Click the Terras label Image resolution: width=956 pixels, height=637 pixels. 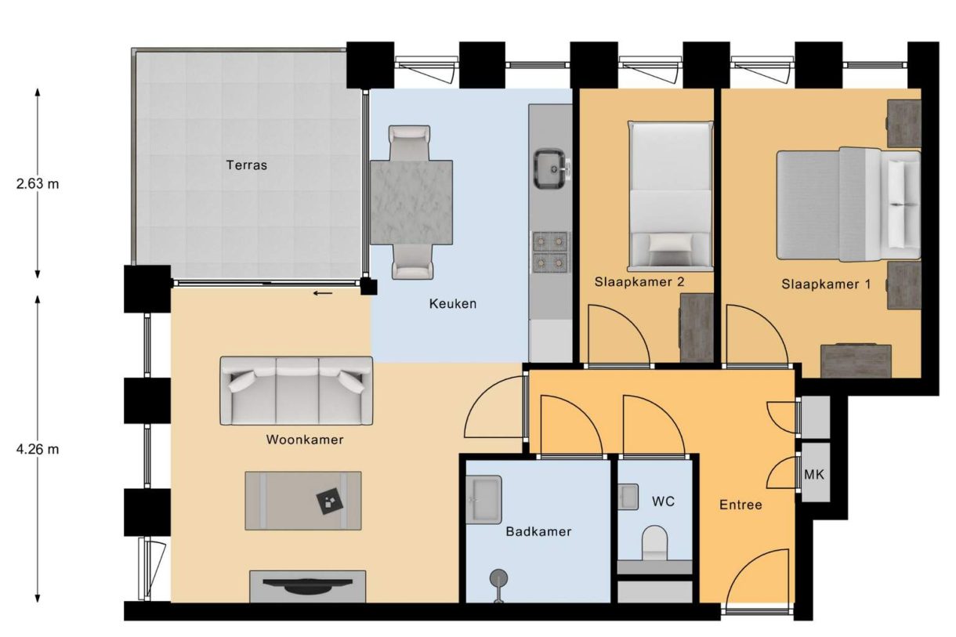point(246,165)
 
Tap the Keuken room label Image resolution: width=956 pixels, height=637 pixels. point(452,303)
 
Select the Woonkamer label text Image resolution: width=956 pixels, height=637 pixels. point(304,440)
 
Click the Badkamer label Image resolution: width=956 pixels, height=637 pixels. point(538,531)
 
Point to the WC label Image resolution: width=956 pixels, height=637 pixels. point(663,501)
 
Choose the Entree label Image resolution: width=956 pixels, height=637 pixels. point(741,505)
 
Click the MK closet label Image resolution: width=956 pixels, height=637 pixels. point(814,475)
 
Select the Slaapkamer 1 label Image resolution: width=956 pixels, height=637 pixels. point(826,284)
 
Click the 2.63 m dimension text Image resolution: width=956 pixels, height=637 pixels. point(38,185)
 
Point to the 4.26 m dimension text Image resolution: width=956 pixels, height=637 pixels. point(38,449)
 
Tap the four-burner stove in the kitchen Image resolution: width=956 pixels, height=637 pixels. point(551,252)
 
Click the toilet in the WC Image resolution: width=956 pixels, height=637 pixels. point(654,543)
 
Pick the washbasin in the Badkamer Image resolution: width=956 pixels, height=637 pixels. point(483,499)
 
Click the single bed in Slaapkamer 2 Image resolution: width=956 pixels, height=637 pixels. point(671,195)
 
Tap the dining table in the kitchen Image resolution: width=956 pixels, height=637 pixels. point(411,201)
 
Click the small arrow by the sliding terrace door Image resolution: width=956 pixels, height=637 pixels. point(322,294)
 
